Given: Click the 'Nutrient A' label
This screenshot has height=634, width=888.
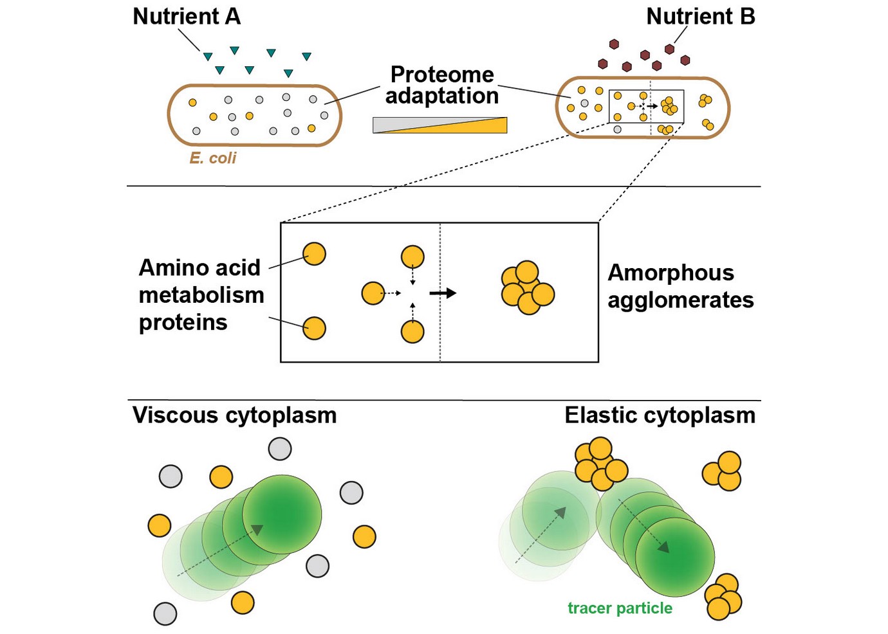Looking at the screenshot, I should [186, 17].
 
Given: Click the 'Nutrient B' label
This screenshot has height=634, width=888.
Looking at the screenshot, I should [700, 17].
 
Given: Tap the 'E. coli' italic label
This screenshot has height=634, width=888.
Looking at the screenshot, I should [212, 158].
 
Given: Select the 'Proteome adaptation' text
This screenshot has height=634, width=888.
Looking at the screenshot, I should [442, 85].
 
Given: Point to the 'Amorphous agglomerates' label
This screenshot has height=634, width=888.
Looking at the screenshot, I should [680, 286].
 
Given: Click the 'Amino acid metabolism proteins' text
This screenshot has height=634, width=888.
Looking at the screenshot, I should [201, 294].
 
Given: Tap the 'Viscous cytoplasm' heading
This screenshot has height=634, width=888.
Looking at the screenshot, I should [234, 415].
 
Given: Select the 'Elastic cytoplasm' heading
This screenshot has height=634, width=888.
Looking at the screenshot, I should [660, 415].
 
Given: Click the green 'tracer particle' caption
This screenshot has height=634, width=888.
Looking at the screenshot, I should [620, 608].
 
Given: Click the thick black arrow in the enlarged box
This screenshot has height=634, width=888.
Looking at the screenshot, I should [443, 293].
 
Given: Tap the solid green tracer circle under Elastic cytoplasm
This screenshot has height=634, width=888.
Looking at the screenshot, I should [675, 557].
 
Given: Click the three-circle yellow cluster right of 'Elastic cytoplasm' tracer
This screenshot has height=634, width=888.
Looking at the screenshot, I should [723, 471].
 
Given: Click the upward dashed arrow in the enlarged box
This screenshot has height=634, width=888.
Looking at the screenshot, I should [412, 311].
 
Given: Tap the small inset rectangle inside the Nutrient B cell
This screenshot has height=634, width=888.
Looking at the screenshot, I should [646, 107].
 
